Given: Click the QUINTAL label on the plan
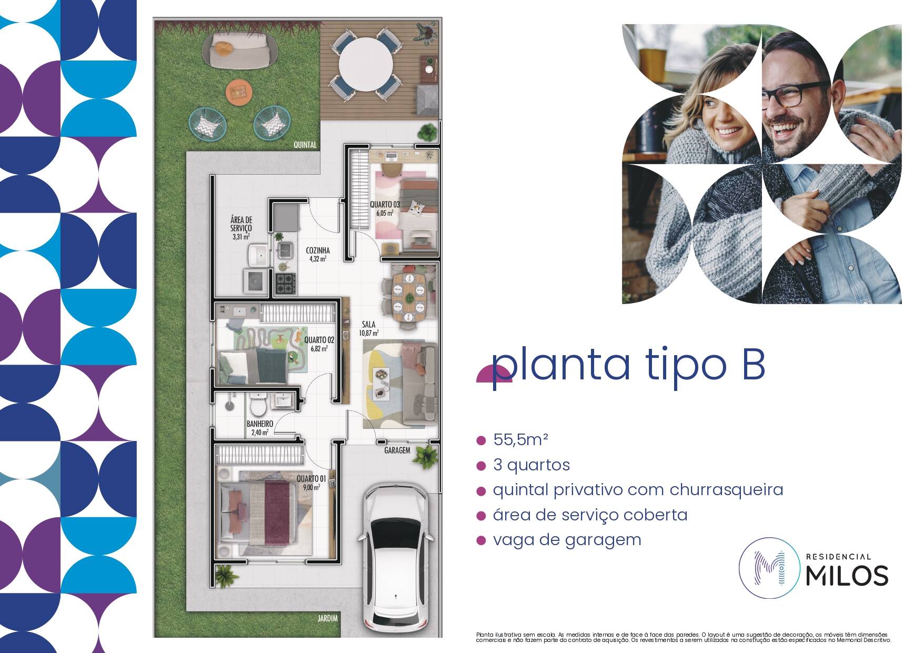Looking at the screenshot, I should coord(305,145).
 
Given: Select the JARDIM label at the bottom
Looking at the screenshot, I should coord(327,618).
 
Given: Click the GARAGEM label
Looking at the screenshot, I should coord(397,450).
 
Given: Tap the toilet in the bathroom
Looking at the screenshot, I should coord(258,406).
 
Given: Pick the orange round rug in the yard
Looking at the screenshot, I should coord(239,92).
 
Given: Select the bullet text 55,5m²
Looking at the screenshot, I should coord(520,439).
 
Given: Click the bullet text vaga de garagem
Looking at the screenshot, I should coord(567,540).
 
